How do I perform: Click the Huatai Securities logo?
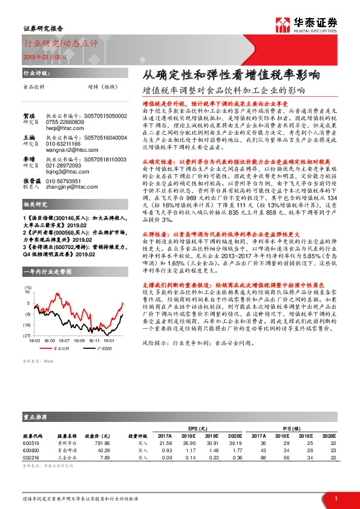click(306, 24)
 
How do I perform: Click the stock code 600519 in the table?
click(31, 443)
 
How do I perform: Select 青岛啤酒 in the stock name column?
click(67, 450)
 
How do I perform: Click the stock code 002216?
click(31, 458)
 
